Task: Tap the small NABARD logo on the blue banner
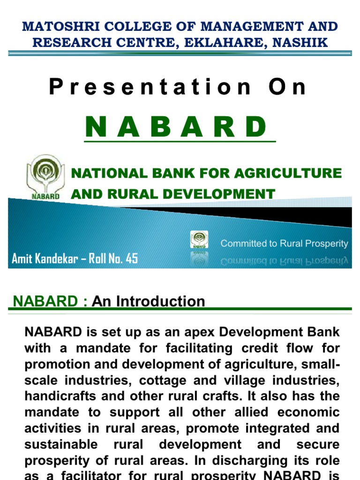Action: [199, 240]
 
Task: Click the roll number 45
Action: [132, 258]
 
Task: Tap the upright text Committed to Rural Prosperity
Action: [284, 244]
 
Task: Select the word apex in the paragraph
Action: [187, 332]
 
